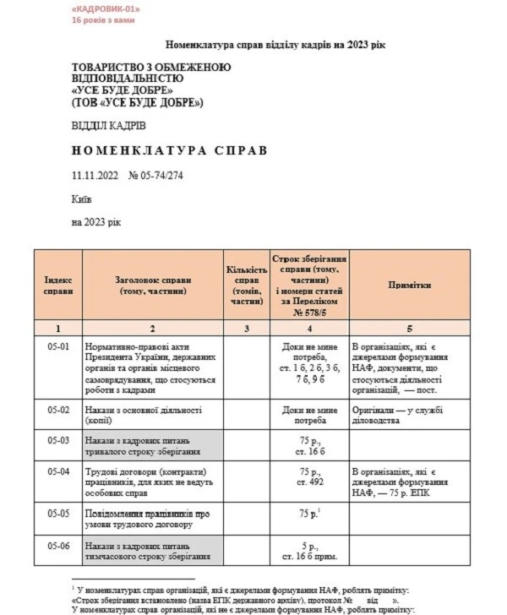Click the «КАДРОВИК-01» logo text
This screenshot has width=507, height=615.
point(106,8)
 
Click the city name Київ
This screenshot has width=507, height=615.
point(82,199)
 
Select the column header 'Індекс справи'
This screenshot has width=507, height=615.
point(57,285)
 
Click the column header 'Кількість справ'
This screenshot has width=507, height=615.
point(245,285)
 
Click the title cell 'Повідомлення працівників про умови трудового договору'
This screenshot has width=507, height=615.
point(149,518)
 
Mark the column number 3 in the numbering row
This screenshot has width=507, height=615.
point(245,328)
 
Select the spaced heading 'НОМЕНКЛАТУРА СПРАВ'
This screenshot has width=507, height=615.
point(169,150)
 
